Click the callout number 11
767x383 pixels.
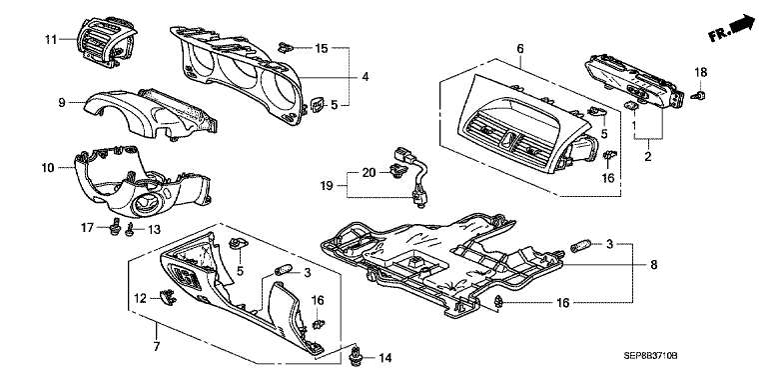pyautogui.click(x=51, y=39)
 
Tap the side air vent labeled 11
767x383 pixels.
pyautogui.click(x=107, y=43)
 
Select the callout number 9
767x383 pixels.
pyautogui.click(x=62, y=103)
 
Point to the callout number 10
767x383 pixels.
pyautogui.click(x=48, y=168)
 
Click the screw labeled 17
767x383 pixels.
pyautogui.click(x=115, y=227)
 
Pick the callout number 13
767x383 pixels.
pyautogui.click(x=154, y=229)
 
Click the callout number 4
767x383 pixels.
pyautogui.click(x=365, y=77)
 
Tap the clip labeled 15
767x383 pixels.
pyautogui.click(x=285, y=48)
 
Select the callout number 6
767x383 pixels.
pyautogui.click(x=520, y=48)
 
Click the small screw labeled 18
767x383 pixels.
pyautogui.click(x=699, y=95)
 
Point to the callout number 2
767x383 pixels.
pyautogui.click(x=648, y=157)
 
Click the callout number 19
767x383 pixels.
pyautogui.click(x=327, y=186)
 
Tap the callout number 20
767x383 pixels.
pyautogui.click(x=369, y=172)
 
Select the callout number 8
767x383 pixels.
pyautogui.click(x=654, y=265)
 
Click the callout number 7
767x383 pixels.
pyautogui.click(x=157, y=347)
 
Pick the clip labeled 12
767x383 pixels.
pyautogui.click(x=168, y=296)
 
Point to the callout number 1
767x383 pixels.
pyautogui.click(x=635, y=125)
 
